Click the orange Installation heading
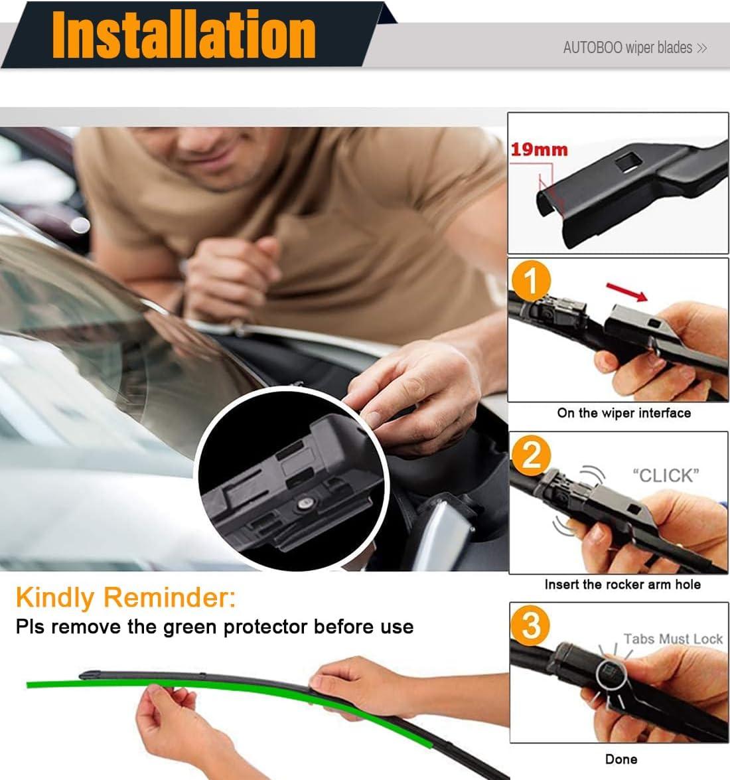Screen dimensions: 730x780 (x=183, y=35)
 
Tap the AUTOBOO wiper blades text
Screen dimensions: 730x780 (x=628, y=48)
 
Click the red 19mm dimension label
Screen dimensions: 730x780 (x=539, y=149)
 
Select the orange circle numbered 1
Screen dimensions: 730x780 (x=531, y=280)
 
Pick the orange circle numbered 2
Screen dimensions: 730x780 (x=531, y=455)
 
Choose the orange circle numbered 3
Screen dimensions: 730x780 (x=531, y=625)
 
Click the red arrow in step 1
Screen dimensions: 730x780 (x=626, y=292)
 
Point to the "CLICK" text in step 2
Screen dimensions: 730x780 (x=666, y=475)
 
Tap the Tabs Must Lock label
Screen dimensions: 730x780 (x=674, y=639)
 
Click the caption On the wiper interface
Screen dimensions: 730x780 (x=624, y=413)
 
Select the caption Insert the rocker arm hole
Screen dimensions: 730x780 (x=622, y=584)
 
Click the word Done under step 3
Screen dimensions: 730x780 (x=621, y=759)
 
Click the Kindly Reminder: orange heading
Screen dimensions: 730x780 (x=126, y=597)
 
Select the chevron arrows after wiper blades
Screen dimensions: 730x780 (x=701, y=48)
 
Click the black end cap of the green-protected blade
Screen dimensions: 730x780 (x=90, y=675)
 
